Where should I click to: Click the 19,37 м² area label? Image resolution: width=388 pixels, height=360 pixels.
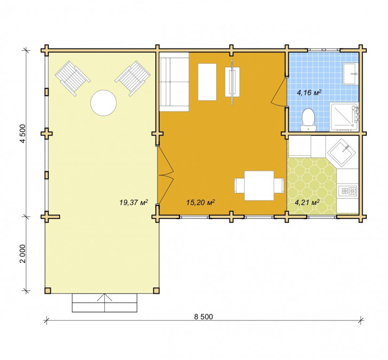click(134, 202)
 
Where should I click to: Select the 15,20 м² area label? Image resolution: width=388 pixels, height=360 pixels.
click(200, 202)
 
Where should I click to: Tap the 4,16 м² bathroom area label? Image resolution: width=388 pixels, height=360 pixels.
click(309, 93)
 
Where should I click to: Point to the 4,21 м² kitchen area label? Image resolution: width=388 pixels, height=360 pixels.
click(307, 202)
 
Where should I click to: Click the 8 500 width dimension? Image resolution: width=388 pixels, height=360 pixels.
click(203, 317)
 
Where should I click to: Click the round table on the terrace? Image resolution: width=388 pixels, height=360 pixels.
click(103, 103)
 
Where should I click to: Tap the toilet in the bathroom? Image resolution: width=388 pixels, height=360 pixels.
click(309, 120)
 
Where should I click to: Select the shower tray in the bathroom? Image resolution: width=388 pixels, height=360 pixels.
click(344, 116)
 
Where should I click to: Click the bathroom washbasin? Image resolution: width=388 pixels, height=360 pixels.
click(349, 73)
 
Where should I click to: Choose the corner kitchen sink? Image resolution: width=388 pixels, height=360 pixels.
click(342, 152)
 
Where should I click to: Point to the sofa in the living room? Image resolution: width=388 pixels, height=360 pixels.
click(174, 82)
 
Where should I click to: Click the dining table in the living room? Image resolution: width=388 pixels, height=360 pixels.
click(259, 185)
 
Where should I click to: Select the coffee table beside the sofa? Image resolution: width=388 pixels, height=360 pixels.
click(207, 82)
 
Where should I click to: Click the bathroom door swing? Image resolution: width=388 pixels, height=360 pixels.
click(279, 92)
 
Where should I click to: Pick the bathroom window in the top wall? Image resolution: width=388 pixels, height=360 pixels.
click(324, 49)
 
